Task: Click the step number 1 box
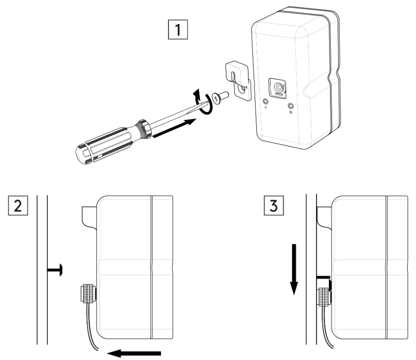(178, 33)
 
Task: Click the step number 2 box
(17, 205)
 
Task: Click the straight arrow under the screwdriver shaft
(175, 128)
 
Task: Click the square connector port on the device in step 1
(279, 87)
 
